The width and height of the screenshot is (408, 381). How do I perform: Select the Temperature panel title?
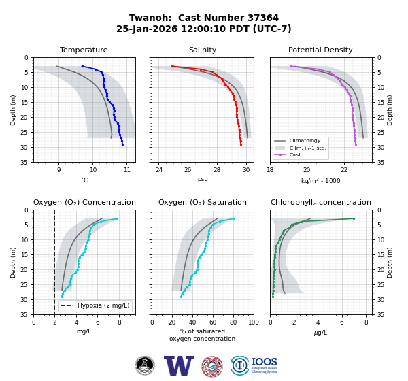84,50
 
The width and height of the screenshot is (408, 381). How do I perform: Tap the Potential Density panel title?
320,50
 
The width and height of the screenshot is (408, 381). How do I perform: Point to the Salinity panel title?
203,50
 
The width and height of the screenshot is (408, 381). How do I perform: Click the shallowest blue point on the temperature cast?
82,67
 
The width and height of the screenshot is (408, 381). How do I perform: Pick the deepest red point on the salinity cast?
241,144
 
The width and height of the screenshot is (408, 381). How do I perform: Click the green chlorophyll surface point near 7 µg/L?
354,219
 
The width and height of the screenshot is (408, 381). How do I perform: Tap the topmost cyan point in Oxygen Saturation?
233,219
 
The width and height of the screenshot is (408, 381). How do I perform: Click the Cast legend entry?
288,154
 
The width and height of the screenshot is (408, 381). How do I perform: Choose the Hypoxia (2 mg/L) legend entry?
95,305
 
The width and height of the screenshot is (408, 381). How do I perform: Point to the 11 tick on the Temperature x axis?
127,170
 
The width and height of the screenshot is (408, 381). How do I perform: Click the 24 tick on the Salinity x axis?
159,170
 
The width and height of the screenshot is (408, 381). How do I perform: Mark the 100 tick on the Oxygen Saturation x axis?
254,322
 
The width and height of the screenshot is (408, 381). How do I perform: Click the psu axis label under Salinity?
203,179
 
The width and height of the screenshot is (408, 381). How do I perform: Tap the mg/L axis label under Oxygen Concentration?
84,331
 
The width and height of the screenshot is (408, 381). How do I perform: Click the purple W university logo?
179,365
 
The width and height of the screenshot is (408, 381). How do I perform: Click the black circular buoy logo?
145,365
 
